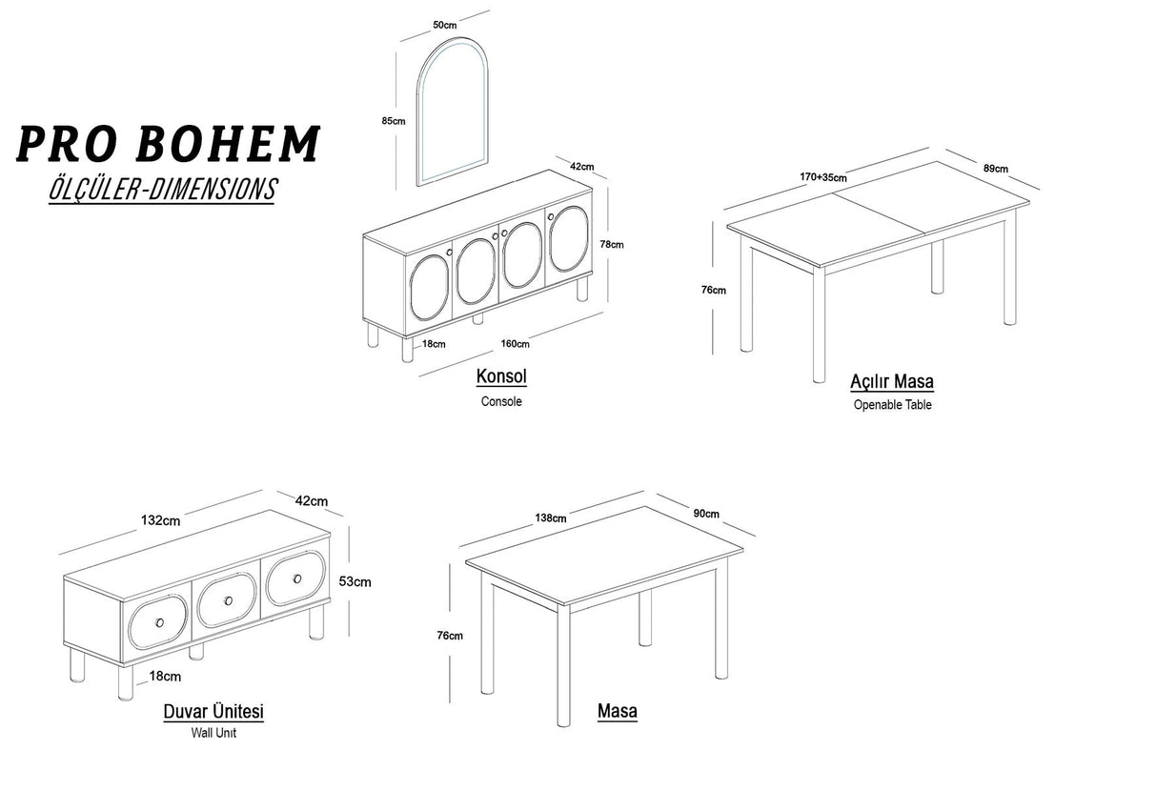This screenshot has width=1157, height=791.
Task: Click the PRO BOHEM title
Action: pyautogui.click(x=169, y=144)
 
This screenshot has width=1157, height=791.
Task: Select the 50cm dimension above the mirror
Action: pyautogui.click(x=445, y=25)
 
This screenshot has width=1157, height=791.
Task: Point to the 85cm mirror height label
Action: pyautogui.click(x=394, y=121)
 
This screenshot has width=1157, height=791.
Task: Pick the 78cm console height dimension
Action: pyautogui.click(x=612, y=244)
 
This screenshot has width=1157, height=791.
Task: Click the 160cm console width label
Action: pyautogui.click(x=515, y=344)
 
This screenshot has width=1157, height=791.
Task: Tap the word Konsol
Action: pyautogui.click(x=501, y=376)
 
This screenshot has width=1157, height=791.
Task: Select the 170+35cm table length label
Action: pyautogui.click(x=823, y=177)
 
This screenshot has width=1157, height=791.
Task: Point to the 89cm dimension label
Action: pyautogui.click(x=996, y=169)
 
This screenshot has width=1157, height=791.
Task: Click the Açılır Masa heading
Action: pyautogui.click(x=892, y=382)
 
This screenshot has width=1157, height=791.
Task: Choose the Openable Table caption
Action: pyautogui.click(x=893, y=404)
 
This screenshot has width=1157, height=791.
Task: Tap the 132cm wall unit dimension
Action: pyautogui.click(x=161, y=520)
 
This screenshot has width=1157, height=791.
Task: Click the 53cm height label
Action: pyautogui.click(x=355, y=581)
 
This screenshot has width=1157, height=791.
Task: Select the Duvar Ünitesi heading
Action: pyautogui.click(x=213, y=712)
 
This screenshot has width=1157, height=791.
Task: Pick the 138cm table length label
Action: pyautogui.click(x=551, y=518)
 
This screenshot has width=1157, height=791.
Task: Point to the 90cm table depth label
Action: pyautogui.click(x=706, y=514)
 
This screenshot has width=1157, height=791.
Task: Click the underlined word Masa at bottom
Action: pyautogui.click(x=618, y=712)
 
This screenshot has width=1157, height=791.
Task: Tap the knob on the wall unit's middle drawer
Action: pyautogui.click(x=229, y=600)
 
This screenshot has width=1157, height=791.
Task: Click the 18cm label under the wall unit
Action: pyautogui.click(x=165, y=677)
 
